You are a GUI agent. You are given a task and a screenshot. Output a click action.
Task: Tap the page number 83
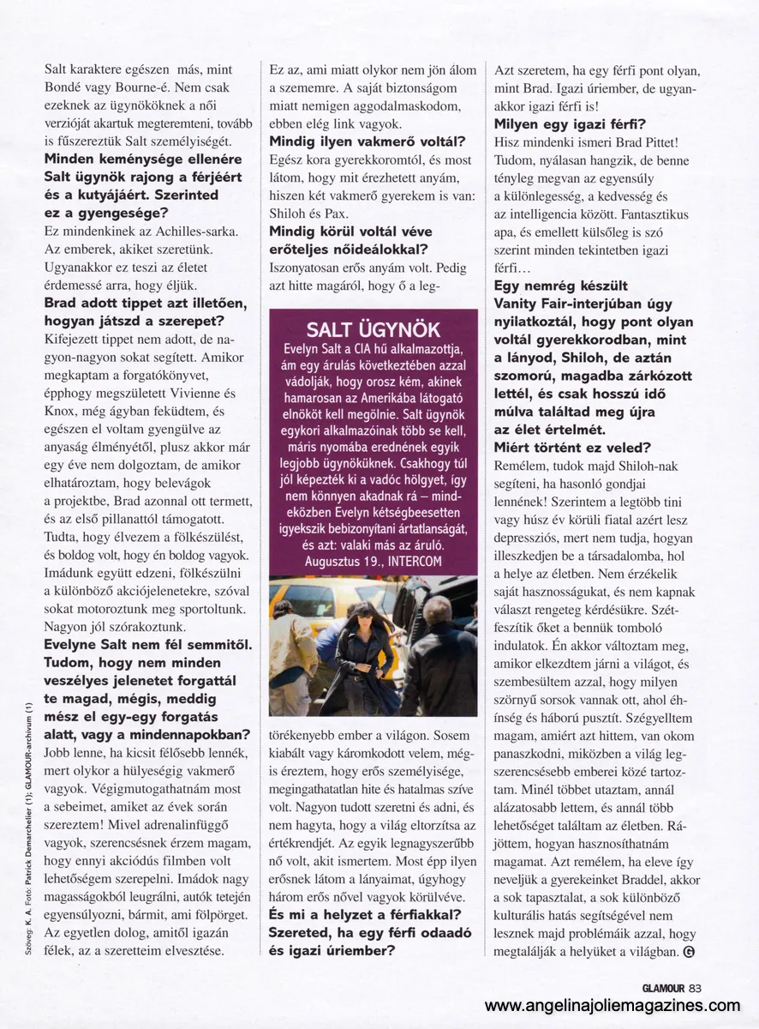(x=695, y=988)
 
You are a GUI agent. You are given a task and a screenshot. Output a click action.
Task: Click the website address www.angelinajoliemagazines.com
(x=613, y=1007)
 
